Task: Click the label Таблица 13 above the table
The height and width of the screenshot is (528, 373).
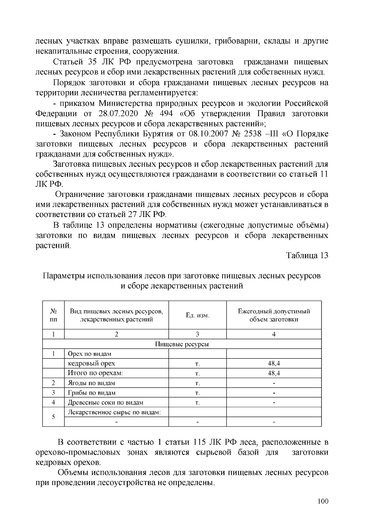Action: click(307, 256)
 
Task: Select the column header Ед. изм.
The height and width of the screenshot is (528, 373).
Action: click(197, 315)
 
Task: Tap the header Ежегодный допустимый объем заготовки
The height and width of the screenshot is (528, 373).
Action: click(274, 315)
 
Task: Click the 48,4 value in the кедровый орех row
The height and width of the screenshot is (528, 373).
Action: click(274, 363)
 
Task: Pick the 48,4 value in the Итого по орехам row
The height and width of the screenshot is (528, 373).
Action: click(274, 373)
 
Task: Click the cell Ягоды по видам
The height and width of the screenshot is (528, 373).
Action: click(91, 383)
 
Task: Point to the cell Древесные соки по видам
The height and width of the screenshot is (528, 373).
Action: click(106, 402)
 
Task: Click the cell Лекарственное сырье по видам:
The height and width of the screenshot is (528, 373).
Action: click(114, 412)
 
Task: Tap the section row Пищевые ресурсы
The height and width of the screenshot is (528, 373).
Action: click(182, 344)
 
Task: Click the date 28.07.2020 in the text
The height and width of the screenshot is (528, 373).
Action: click(118, 113)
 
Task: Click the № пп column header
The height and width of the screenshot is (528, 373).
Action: click(53, 315)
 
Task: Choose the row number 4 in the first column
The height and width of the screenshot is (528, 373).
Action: click(53, 402)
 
